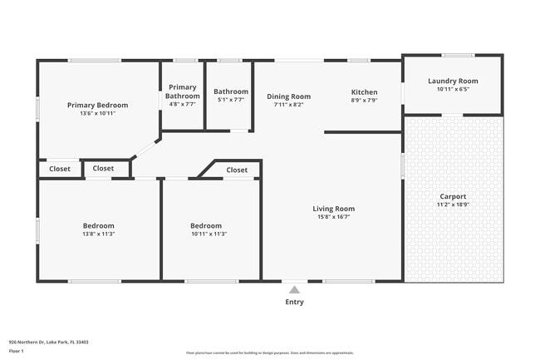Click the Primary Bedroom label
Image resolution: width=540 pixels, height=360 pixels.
coord(98,105)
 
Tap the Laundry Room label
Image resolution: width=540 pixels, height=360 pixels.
coord(454,81)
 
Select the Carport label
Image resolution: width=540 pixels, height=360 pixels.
coord(454,196)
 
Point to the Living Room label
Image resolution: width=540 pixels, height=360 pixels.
coord(334,209)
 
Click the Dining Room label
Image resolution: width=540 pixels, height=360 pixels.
coord(289,96)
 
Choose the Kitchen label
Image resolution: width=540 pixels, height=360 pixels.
coord(364,92)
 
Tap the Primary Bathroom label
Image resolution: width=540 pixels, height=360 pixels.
coord(182,91)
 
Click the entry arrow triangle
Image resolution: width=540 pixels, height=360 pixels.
coord(294,290)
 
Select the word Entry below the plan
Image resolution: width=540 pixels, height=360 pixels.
coord(294,302)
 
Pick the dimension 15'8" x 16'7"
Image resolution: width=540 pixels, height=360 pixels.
coord(334,217)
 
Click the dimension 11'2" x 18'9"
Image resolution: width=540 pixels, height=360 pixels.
coord(454,205)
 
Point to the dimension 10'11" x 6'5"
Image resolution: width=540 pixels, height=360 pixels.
coord(454,89)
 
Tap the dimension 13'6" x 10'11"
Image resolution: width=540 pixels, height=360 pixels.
coord(98,114)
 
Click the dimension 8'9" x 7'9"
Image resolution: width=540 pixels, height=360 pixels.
coord(364,101)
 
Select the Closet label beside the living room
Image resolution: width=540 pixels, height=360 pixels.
coord(238,170)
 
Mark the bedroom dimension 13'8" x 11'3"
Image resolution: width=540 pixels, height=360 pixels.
coord(98,234)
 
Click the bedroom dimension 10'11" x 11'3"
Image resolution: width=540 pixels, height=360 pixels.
coord(206,234)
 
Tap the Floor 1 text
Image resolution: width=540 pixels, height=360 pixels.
coord(17,352)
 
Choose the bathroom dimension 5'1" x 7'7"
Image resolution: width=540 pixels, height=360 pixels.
coord(230,100)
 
